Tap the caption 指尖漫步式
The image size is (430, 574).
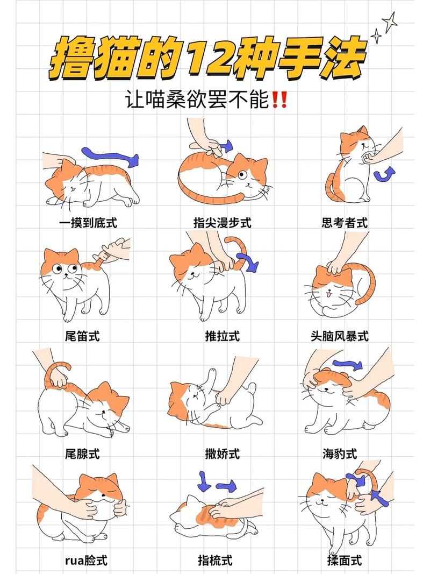[x=222, y=223]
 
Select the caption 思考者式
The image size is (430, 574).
[x=345, y=223]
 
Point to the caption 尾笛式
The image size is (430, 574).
[x=82, y=336]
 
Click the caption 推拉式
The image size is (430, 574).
[x=222, y=336]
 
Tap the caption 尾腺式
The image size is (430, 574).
[x=82, y=454]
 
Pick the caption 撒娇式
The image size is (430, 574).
[x=222, y=454]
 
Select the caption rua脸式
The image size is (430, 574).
[x=86, y=561]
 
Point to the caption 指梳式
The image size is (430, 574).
[x=215, y=561]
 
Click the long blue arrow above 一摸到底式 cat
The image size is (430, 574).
[x=110, y=156]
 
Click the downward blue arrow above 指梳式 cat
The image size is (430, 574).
[x=204, y=480]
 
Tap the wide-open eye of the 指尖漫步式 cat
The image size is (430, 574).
[x=242, y=174]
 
